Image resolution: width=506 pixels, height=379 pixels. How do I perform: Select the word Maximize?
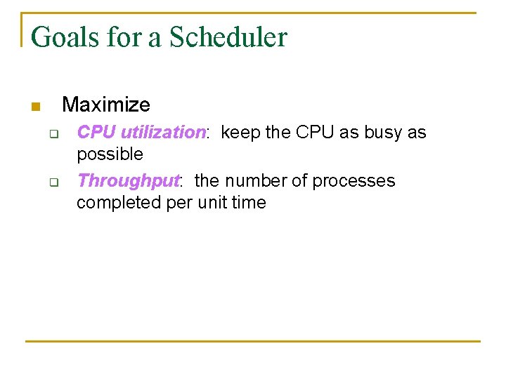click(106, 105)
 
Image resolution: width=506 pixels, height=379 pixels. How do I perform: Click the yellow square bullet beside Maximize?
click(35, 107)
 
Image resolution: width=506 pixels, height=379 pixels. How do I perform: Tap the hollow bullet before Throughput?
click(52, 182)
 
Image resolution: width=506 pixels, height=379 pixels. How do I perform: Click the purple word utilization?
click(162, 133)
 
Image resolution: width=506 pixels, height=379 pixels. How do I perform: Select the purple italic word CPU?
click(96, 133)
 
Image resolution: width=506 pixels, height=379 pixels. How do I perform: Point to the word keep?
click(241, 133)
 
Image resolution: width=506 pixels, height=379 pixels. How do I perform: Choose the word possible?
click(110, 154)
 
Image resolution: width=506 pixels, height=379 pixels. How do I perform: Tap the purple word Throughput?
click(129, 181)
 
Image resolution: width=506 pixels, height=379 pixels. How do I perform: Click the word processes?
click(353, 181)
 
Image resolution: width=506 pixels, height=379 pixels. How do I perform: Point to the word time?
click(250, 203)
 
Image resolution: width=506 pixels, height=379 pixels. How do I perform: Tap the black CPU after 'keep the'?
click(317, 133)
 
